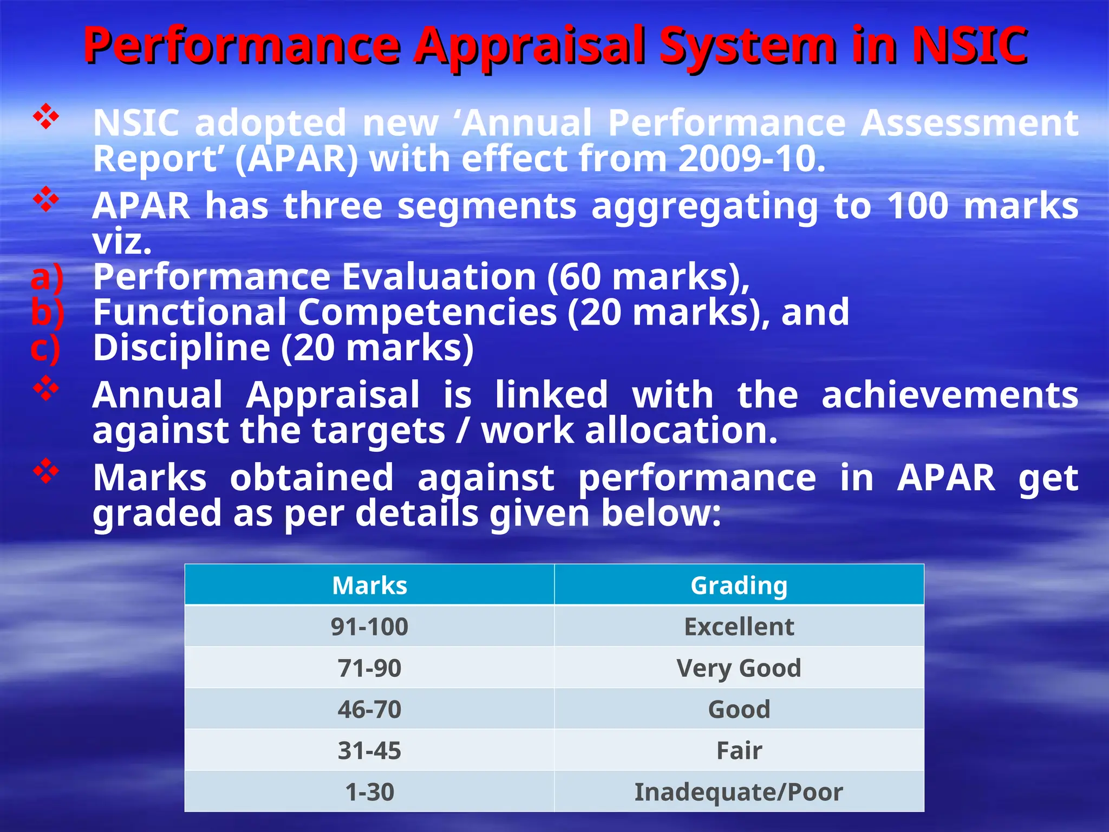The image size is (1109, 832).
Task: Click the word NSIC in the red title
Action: (969, 45)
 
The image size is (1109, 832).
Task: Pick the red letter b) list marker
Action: (47, 313)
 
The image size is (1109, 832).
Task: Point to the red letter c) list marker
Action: (45, 348)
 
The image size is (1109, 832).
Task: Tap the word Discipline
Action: (181, 348)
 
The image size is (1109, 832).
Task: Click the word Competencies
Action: (427, 313)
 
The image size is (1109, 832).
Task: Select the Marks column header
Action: (369, 586)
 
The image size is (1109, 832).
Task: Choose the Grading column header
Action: (739, 586)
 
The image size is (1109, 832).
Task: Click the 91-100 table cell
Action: (369, 627)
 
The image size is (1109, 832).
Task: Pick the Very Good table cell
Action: (739, 668)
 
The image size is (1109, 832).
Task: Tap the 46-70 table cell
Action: (369, 710)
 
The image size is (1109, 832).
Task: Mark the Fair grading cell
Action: (739, 751)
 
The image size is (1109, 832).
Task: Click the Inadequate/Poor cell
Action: (739, 792)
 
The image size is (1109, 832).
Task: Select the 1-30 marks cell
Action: (369, 792)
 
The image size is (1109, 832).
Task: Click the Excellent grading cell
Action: (739, 627)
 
